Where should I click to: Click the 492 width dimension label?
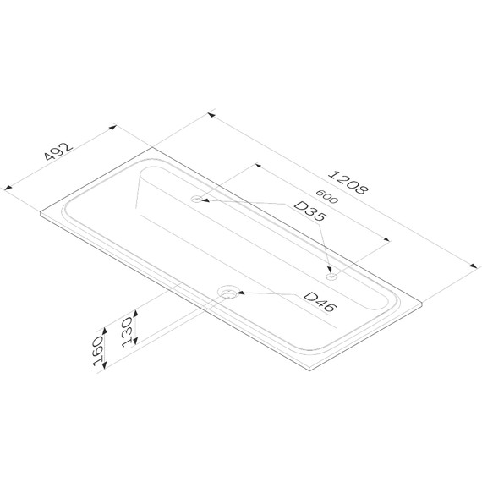58,151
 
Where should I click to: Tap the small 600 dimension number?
327,196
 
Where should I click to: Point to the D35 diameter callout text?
309,211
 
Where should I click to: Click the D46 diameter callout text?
320,301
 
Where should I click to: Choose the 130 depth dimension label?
127,331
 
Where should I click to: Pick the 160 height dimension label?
98,351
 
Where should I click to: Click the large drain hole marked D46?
227,292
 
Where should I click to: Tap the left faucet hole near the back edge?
196,199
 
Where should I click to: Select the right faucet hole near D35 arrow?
331,277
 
